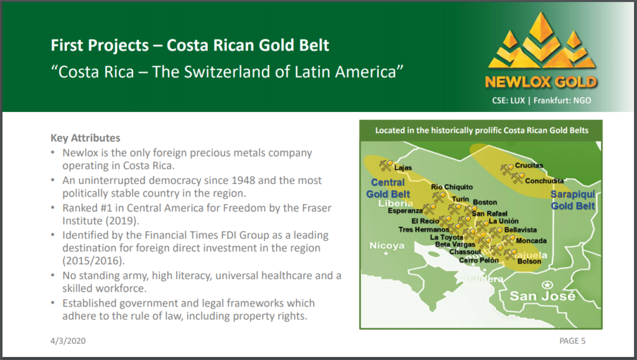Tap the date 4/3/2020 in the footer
point(68,341)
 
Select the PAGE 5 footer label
point(572,341)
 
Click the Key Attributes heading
point(85,138)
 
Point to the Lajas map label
point(403,168)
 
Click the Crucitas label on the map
point(529,165)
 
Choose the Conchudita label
point(544,180)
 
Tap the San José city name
point(542,296)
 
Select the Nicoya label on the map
point(387,246)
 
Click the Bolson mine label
point(529,261)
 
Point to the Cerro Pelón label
point(478,260)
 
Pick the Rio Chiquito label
point(452,187)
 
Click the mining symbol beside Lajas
point(386,165)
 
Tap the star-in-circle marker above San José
point(547,285)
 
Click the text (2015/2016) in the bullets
point(93,261)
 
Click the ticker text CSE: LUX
point(509,100)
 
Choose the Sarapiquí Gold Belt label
point(573,200)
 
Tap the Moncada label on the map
point(531,241)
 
